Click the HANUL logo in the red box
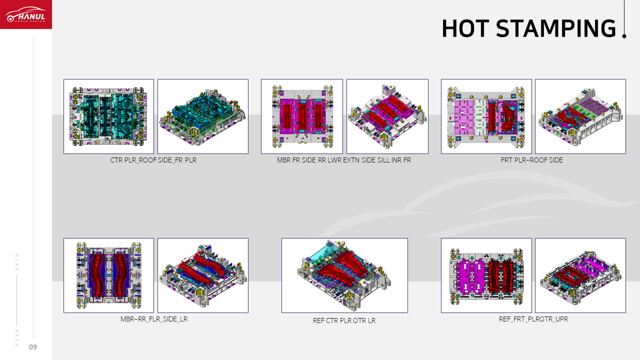(x=25, y=14)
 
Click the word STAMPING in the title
(x=555, y=28)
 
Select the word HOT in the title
(x=465, y=28)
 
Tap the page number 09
(x=33, y=347)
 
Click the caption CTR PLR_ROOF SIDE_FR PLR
(x=153, y=160)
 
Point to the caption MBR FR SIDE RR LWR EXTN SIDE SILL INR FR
(x=344, y=160)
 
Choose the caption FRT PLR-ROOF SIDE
(x=531, y=160)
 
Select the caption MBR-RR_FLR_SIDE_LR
(x=154, y=319)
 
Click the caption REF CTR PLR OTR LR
(x=344, y=320)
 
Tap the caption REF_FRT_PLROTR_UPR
(x=533, y=319)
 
